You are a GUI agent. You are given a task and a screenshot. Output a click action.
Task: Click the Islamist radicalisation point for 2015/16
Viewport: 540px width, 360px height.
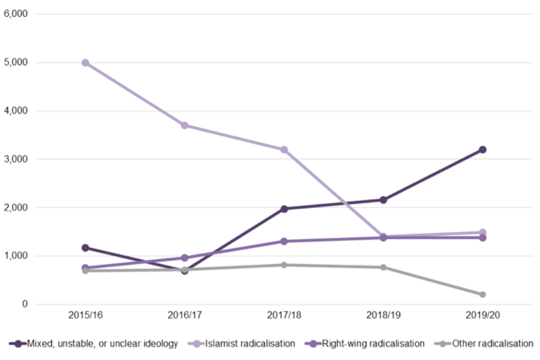85,62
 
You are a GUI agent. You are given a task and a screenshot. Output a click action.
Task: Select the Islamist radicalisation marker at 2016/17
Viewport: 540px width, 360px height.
184,125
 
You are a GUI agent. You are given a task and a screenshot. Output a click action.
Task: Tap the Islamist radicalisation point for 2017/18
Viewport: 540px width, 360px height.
284,150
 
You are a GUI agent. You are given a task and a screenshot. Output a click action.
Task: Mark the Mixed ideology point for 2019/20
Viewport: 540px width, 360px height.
482,150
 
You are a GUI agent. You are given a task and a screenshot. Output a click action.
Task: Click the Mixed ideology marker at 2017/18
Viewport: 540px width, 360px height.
284,209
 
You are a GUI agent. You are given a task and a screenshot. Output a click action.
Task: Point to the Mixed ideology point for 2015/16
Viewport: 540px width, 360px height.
85,247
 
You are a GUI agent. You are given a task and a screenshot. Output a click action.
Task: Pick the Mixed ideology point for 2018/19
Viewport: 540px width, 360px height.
383,200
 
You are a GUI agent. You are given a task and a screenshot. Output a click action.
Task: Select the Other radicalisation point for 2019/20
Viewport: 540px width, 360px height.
482,294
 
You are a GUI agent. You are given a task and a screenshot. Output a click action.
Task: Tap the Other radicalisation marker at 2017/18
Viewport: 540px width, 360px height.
284,265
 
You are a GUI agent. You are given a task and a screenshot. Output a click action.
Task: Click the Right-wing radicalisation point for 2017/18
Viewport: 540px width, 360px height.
284,241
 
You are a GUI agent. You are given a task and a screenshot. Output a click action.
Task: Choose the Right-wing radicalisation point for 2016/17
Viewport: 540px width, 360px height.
184,258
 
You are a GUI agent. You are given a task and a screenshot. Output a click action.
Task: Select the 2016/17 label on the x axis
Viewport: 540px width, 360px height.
184,316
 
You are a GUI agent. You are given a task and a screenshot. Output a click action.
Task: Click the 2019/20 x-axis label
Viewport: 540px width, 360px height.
482,316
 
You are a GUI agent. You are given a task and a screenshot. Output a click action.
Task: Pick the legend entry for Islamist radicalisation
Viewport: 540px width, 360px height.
251,343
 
